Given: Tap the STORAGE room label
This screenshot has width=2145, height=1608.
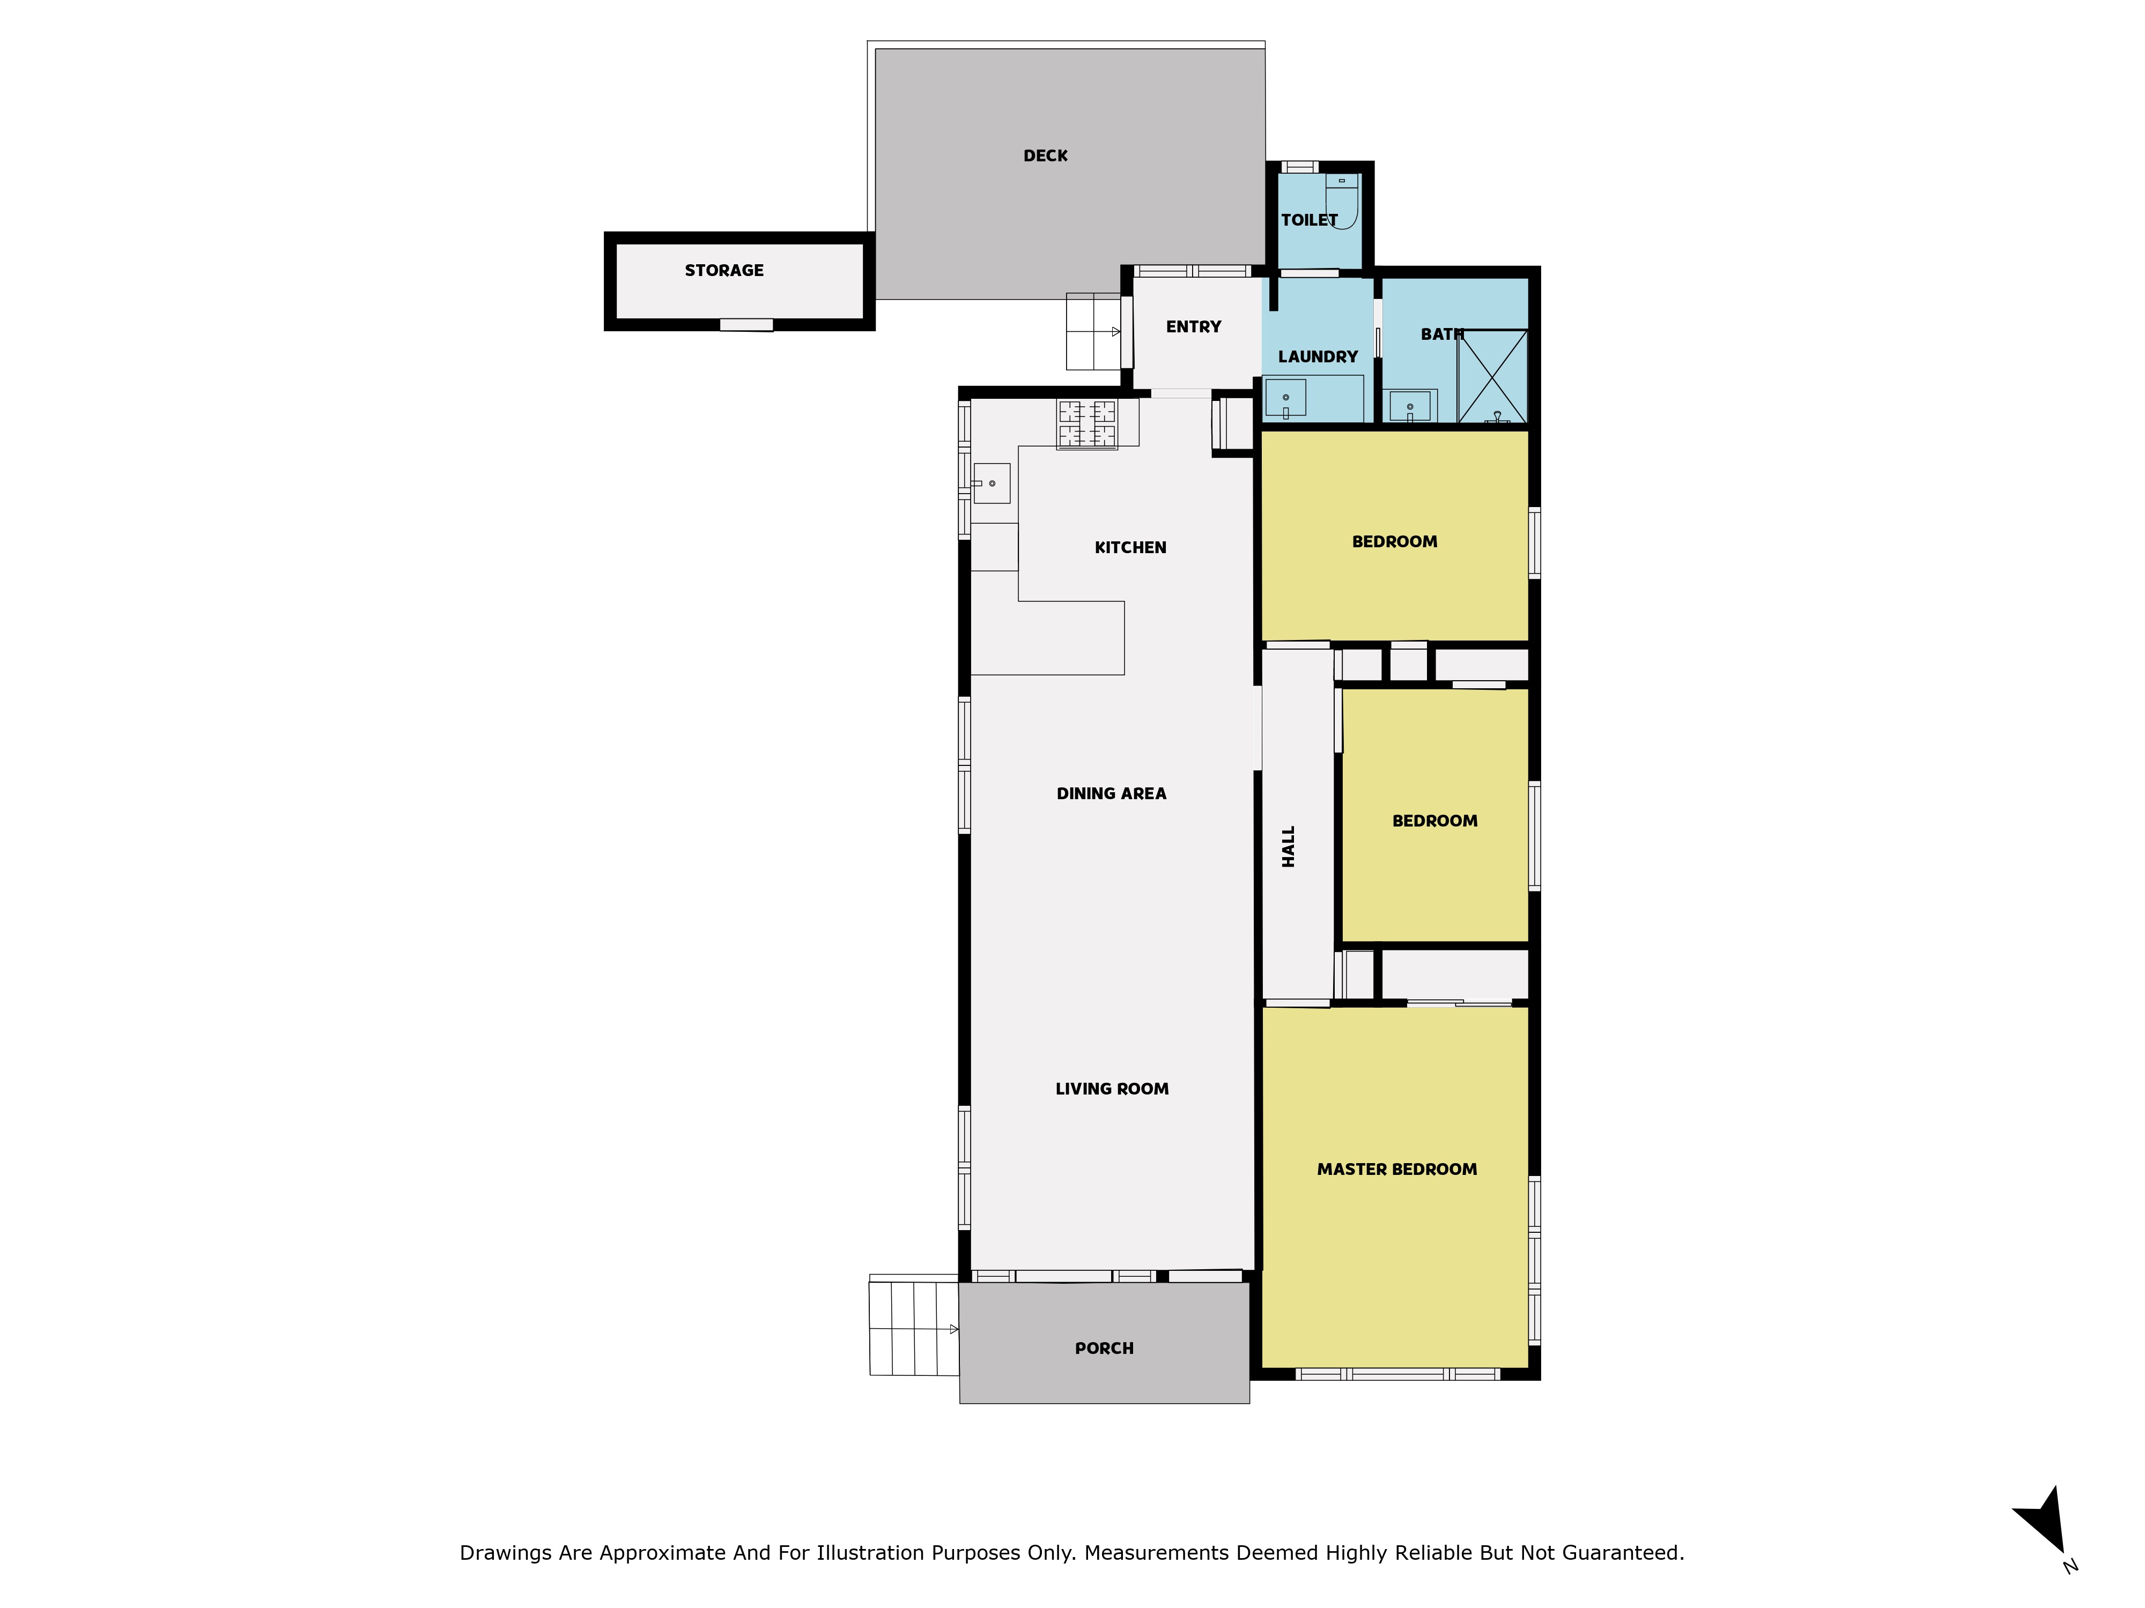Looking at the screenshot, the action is click(x=724, y=271).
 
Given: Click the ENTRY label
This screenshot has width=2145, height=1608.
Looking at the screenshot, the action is click(x=1194, y=326).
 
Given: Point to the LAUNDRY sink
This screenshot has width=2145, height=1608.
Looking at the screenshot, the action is click(x=1286, y=398).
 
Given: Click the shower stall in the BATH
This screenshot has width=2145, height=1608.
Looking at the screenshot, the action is click(x=1492, y=376).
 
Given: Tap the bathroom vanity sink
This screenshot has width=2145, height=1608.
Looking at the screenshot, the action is click(x=1410, y=407).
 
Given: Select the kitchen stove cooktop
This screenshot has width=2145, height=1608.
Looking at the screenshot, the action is click(x=1087, y=425).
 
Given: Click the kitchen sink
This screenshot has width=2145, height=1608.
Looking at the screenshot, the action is click(x=992, y=483).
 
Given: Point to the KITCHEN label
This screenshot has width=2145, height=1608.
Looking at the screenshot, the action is click(x=1130, y=548).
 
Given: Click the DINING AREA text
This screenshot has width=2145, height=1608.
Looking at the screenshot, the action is click(x=1111, y=794).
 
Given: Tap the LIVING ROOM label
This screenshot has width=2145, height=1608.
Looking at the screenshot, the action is click(x=1112, y=1090).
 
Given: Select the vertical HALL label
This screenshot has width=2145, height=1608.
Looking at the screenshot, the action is click(x=1289, y=846).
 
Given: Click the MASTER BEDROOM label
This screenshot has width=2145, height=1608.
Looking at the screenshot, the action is click(x=1397, y=1170).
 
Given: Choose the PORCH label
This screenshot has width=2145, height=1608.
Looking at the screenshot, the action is click(x=1105, y=1348).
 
